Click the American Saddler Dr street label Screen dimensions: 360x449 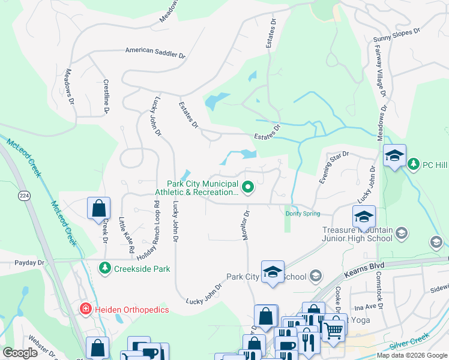[155, 52]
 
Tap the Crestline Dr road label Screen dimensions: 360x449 [106, 97]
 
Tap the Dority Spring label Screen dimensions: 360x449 [303, 214]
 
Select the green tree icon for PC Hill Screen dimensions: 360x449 [413, 163]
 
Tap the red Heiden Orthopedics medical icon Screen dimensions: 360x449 [85, 309]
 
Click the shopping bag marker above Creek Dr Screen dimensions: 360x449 [99, 209]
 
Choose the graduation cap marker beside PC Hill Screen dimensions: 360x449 [394, 155]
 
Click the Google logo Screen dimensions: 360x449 [21, 352]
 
